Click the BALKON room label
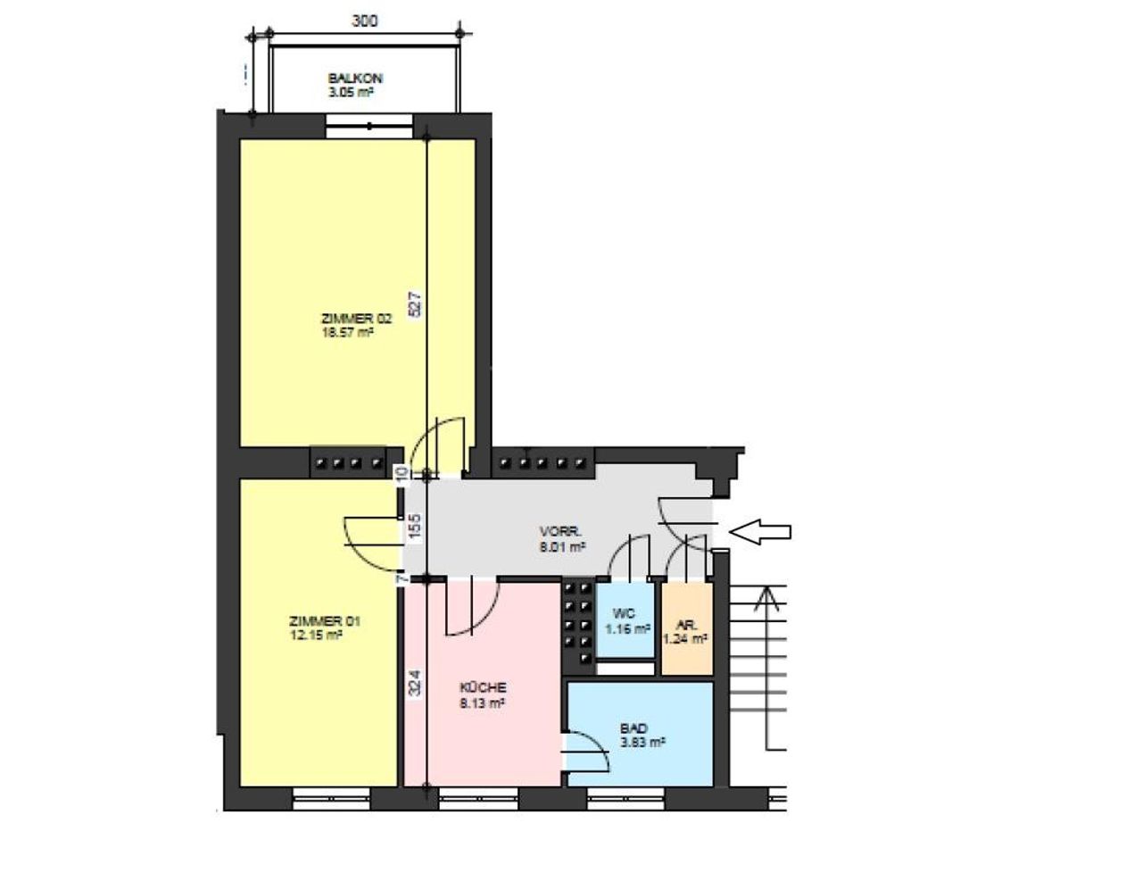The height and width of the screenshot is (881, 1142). (x=355, y=79)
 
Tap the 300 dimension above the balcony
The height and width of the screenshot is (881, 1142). (x=365, y=21)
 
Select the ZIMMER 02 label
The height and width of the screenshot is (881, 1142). (x=356, y=319)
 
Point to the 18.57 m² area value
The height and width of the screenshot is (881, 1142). (x=347, y=332)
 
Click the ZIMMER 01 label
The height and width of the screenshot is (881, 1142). (x=325, y=621)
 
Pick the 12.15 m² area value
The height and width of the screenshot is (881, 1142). (x=316, y=635)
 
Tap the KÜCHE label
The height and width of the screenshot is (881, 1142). (x=483, y=687)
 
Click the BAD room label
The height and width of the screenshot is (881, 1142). (x=633, y=728)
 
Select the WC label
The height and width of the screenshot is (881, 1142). (x=624, y=613)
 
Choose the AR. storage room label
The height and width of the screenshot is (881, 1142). (x=686, y=626)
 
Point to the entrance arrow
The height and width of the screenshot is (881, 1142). (x=760, y=532)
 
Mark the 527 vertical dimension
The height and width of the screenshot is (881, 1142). (x=415, y=303)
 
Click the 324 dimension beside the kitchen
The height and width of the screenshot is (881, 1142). (x=415, y=682)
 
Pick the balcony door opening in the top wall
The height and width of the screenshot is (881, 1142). (x=369, y=126)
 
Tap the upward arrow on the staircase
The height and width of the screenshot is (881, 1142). (x=766, y=668)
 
